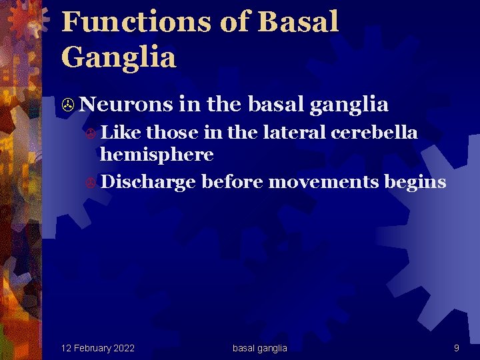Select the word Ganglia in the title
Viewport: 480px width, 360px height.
[118, 57]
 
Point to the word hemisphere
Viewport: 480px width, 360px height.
[156, 155]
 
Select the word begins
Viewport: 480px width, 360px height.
[415, 181]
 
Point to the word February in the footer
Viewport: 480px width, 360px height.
[91, 348]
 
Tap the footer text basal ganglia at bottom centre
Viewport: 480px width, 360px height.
[259, 348]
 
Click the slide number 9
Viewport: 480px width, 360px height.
[456, 348]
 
